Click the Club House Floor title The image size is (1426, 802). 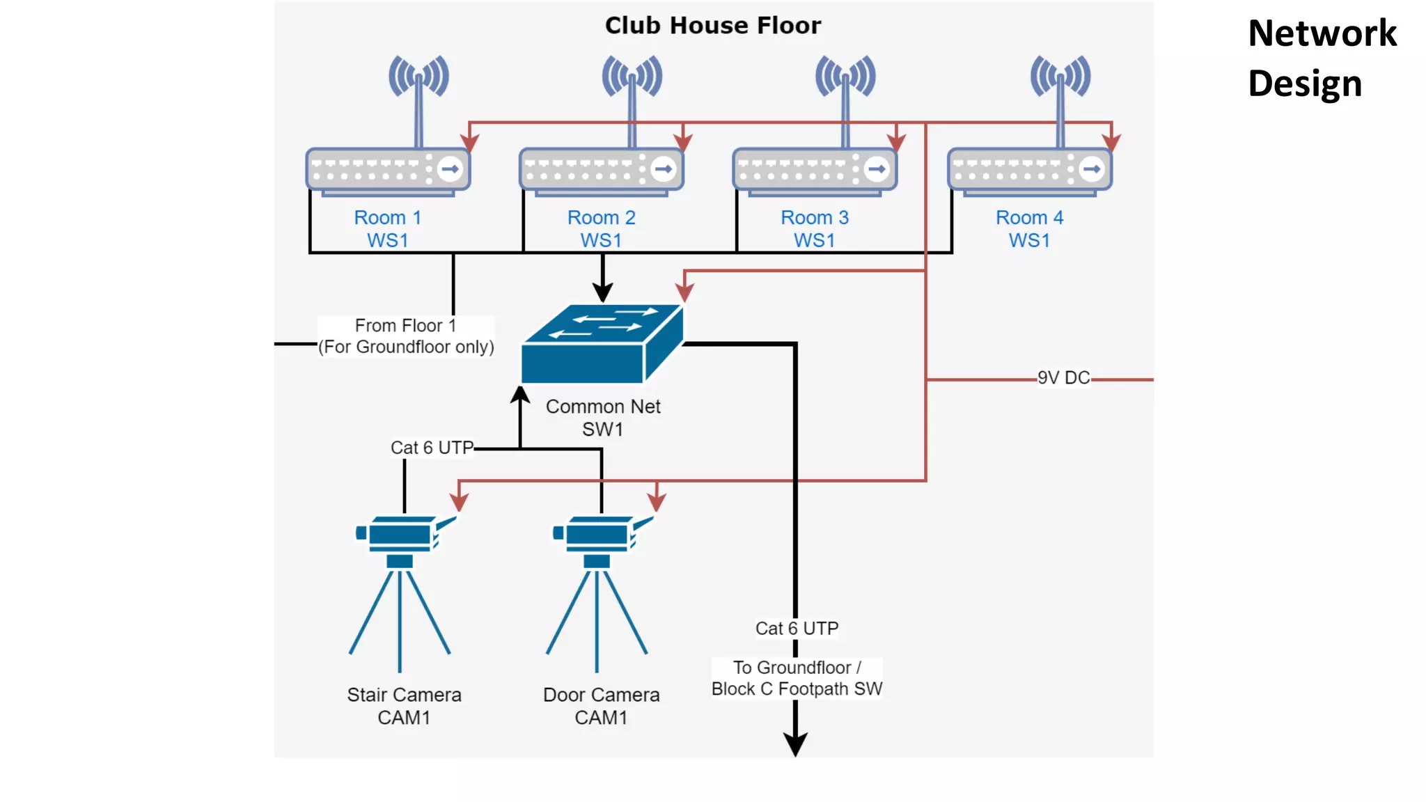[712, 26]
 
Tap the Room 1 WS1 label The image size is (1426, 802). [388, 228]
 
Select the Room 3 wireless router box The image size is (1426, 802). [815, 169]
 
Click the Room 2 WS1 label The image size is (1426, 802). [601, 228]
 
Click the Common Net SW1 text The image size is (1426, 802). [603, 417]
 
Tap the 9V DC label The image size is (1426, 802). [1063, 378]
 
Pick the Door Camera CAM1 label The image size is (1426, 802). [601, 705]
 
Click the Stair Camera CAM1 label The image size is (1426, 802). [404, 705]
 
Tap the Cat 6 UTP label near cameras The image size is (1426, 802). [432, 448]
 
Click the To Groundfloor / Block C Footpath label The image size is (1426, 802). [797, 678]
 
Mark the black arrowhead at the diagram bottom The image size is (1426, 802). [795, 744]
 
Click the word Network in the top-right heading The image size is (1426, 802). [1322, 33]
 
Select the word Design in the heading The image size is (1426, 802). [1304, 84]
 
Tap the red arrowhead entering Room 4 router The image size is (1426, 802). [1111, 143]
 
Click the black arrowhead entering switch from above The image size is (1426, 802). [602, 292]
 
